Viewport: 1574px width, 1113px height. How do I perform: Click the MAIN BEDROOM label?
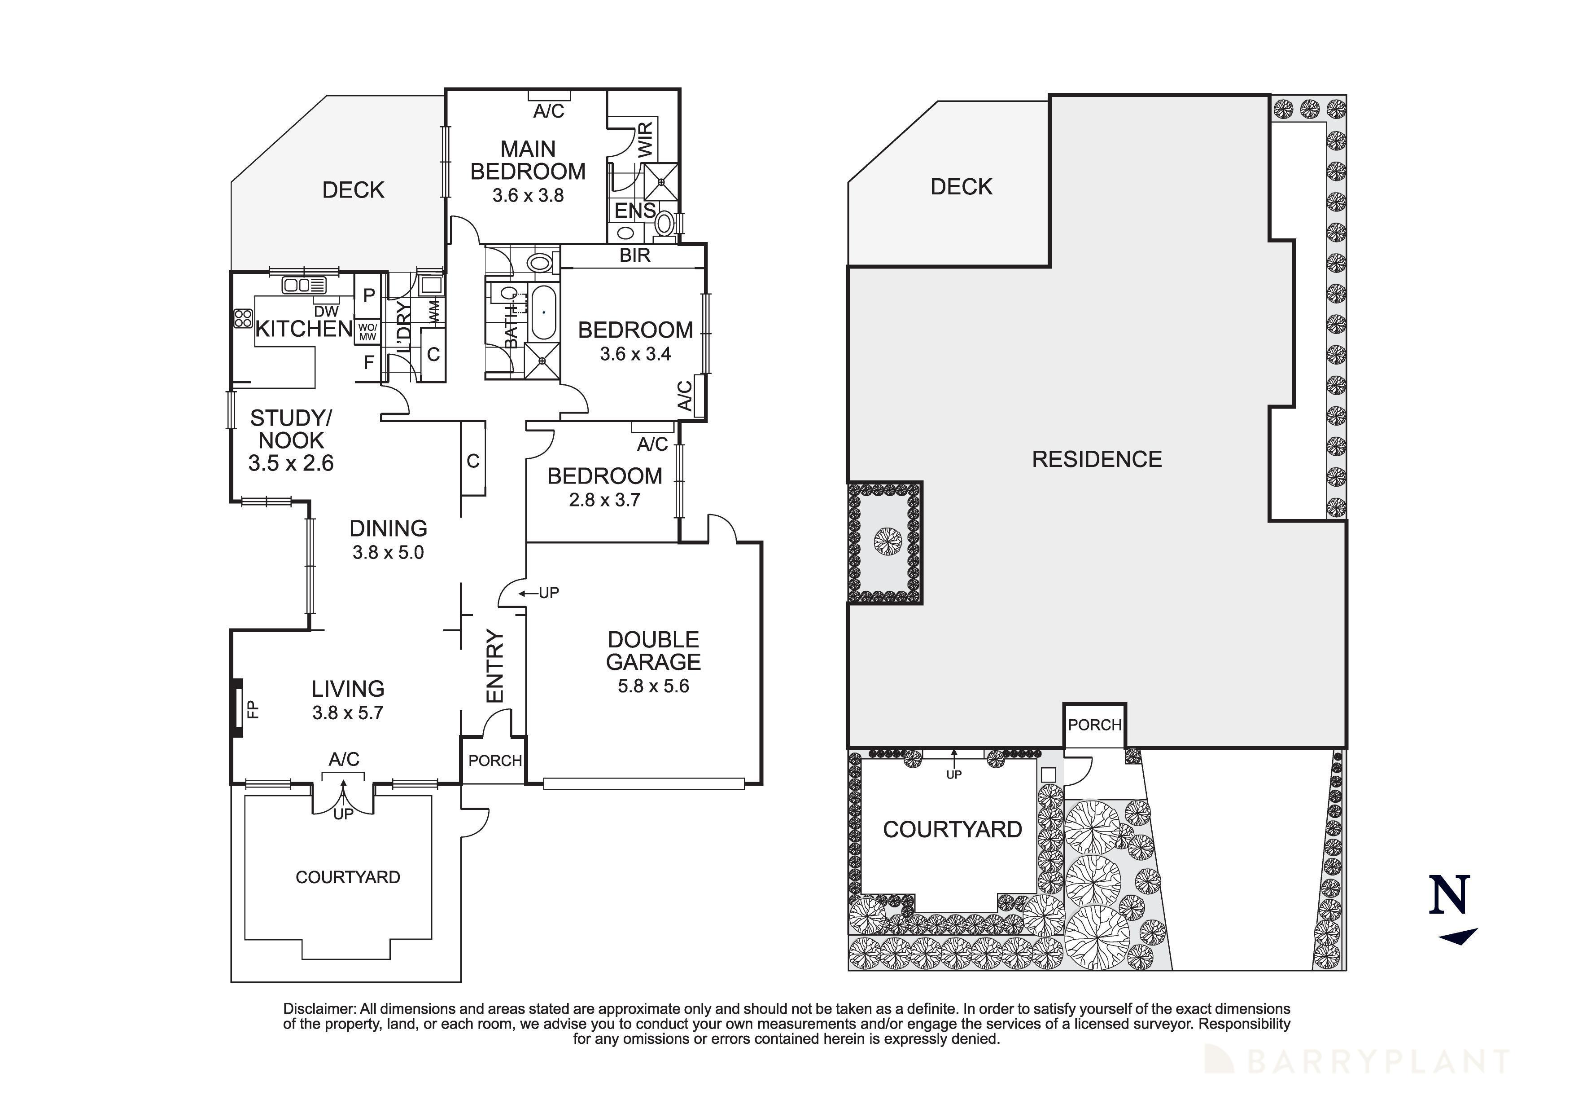tap(528, 160)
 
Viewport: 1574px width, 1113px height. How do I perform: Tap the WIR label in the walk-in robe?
tap(646, 139)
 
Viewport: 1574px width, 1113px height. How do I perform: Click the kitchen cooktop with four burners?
tap(243, 318)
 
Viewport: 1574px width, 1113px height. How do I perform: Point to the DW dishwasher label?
tap(331, 311)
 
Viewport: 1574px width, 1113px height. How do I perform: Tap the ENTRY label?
tap(494, 666)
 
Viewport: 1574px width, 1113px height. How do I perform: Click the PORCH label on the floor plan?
tap(495, 761)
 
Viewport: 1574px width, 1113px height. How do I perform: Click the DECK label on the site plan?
tap(961, 186)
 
